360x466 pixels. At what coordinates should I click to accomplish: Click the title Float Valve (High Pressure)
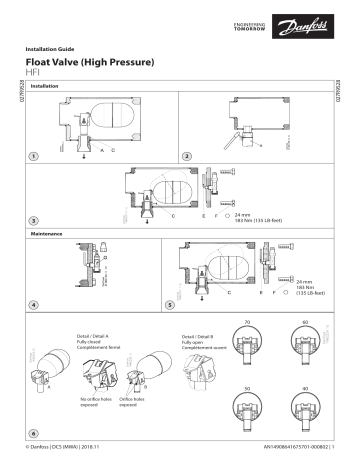[x=91, y=63]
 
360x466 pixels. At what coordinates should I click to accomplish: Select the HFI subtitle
[x=32, y=75]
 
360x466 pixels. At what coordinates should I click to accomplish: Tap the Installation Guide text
[x=51, y=48]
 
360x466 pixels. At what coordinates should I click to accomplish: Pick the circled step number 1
[x=34, y=157]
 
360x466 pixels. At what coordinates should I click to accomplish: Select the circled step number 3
[x=34, y=220]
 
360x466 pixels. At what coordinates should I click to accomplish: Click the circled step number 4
[x=34, y=304]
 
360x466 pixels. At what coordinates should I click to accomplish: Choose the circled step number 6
[x=34, y=435]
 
